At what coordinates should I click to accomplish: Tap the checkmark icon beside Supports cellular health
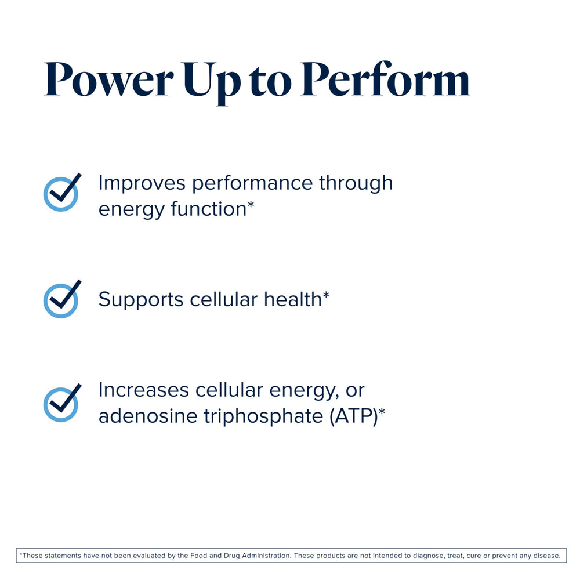click(61, 299)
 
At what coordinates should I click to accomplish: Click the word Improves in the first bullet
click(142, 183)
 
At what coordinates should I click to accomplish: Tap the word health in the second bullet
click(293, 299)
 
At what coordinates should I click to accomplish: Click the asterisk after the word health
click(326, 296)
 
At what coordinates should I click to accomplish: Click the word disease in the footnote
click(546, 556)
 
